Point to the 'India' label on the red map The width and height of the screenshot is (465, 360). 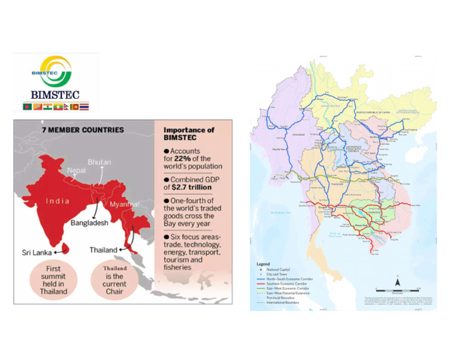(x=58, y=201)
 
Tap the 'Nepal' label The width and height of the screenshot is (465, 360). (x=76, y=171)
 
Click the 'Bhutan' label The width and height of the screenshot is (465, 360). (x=99, y=162)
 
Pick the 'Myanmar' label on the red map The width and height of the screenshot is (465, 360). (x=125, y=204)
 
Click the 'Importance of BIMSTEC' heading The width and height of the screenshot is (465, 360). (x=189, y=134)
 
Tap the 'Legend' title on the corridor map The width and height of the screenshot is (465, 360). (x=262, y=264)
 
